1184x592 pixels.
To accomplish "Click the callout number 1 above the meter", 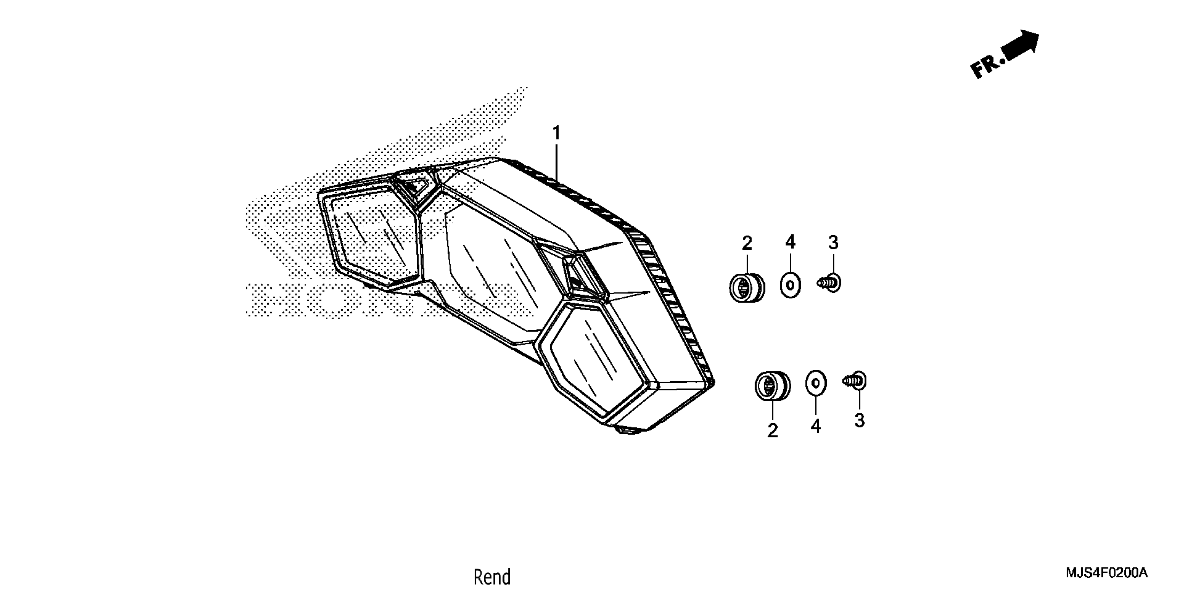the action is click(556, 133).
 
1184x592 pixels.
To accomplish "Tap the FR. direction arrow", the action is click(1021, 46).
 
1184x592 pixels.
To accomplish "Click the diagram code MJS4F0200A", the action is click(1106, 573).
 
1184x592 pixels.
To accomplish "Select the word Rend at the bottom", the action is click(492, 577).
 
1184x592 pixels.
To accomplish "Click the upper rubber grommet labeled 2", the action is click(747, 287).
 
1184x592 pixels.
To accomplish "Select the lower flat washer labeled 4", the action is click(816, 383).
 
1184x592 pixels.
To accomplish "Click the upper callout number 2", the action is click(747, 243).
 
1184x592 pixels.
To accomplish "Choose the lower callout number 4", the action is click(815, 427).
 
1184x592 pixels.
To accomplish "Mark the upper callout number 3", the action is click(833, 242).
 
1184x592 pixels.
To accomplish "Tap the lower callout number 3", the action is click(859, 420).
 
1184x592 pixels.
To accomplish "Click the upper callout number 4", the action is click(790, 242).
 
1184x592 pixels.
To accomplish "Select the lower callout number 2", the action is click(773, 431).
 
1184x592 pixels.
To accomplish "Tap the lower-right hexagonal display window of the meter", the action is click(593, 361).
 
